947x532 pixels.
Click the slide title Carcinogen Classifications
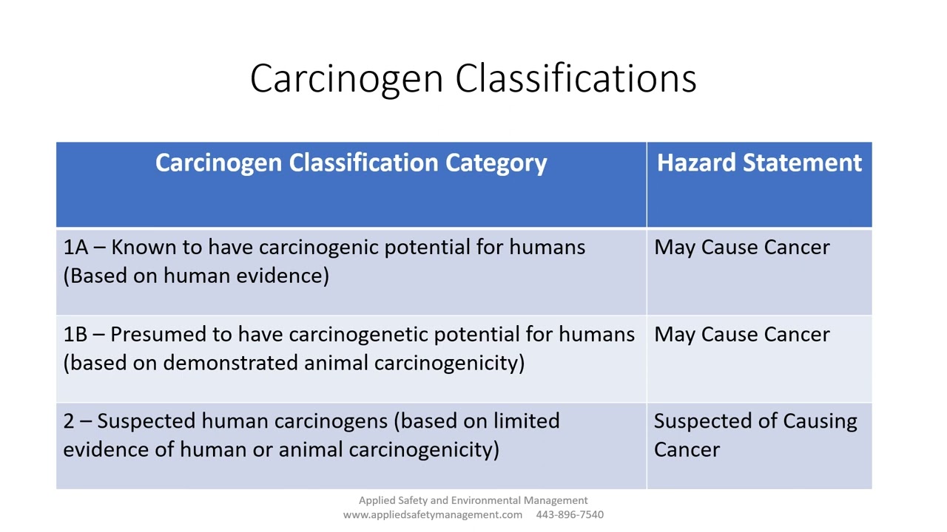(473, 78)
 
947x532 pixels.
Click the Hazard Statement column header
(759, 163)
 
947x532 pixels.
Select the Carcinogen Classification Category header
(351, 163)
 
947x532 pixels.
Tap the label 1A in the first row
(75, 248)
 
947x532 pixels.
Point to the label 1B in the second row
(75, 335)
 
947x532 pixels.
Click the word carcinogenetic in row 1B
(358, 335)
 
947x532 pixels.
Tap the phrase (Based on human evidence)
(196, 276)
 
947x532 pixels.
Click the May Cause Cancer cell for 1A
(741, 248)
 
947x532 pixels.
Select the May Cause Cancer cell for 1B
(741, 335)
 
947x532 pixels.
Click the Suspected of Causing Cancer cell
(755, 435)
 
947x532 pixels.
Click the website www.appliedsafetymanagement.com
(432, 514)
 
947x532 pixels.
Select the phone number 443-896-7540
(570, 514)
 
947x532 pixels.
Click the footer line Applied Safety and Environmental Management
(473, 500)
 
